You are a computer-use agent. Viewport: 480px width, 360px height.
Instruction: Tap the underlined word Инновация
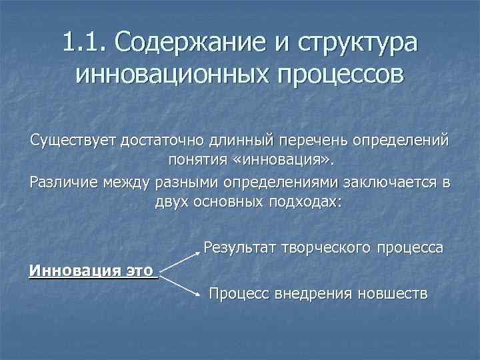click(66, 271)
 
